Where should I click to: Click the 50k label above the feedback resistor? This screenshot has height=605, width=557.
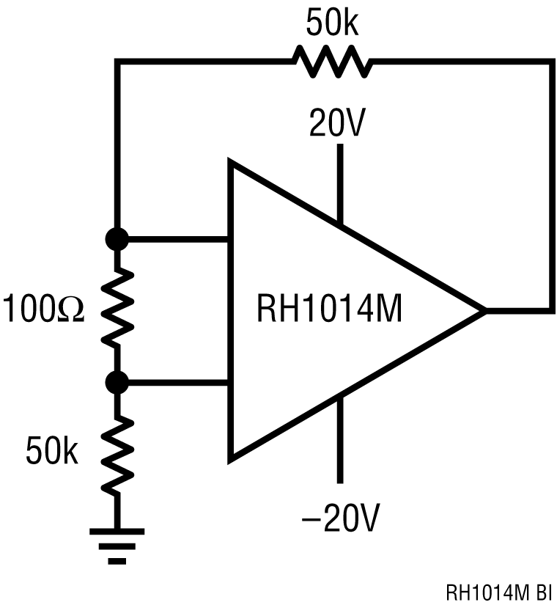pos(333,23)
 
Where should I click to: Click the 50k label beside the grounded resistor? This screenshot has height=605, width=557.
pos(52,451)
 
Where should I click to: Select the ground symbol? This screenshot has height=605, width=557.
pos(117,543)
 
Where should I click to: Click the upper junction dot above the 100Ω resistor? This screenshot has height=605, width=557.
pos(117,239)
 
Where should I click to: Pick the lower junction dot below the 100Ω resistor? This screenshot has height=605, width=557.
pos(117,382)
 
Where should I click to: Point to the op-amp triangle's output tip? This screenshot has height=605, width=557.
pos(484,311)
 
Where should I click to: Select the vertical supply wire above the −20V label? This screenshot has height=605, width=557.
pos(340,440)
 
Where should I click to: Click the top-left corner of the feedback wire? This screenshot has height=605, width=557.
pos(117,63)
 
